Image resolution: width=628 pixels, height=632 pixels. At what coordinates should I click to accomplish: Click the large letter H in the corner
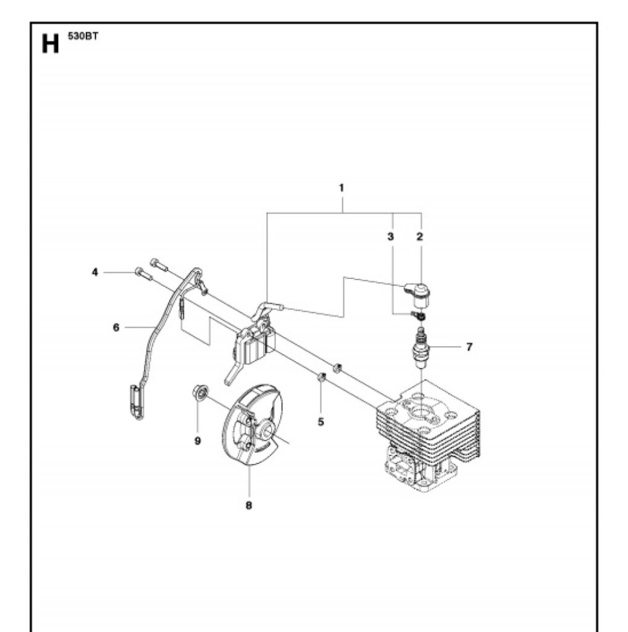tap(50, 44)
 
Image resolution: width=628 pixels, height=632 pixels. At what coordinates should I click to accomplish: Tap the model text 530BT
tap(83, 36)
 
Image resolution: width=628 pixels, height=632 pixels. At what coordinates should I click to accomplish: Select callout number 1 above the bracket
tap(341, 188)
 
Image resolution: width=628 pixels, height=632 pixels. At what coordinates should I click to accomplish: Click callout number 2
tap(420, 236)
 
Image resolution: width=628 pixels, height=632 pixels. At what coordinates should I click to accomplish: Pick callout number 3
tap(390, 236)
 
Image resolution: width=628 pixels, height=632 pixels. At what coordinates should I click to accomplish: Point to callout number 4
tap(94, 272)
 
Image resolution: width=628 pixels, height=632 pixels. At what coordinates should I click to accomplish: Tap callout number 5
tap(321, 422)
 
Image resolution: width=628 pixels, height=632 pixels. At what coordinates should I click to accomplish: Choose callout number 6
tap(116, 328)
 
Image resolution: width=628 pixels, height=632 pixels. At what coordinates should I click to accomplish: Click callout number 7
tap(469, 347)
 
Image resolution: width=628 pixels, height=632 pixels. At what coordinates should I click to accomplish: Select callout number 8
tap(249, 505)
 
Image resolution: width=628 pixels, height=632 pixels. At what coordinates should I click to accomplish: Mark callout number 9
tap(198, 441)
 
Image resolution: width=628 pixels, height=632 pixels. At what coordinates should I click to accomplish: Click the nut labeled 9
tap(199, 392)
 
